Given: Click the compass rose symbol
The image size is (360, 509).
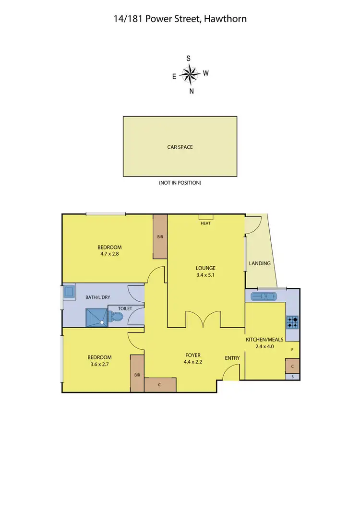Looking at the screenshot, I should [x=191, y=74].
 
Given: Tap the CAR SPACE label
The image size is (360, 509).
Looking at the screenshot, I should [x=180, y=147].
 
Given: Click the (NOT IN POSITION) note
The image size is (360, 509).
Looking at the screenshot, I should [x=180, y=183].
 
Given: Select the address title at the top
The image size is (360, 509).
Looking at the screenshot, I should [x=180, y=19].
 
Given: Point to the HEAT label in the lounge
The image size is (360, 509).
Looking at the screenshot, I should [x=205, y=223].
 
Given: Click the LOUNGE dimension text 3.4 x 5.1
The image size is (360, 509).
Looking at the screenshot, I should [x=205, y=275].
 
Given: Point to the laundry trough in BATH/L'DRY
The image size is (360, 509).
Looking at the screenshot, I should [x=69, y=291].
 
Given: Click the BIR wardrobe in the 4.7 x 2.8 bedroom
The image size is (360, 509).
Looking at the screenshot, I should [x=160, y=237].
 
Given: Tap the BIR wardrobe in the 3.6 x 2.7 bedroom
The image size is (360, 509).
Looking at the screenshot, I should [x=137, y=373].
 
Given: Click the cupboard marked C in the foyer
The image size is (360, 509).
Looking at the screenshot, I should [x=160, y=384].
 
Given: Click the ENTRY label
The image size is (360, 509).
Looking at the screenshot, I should [x=232, y=358].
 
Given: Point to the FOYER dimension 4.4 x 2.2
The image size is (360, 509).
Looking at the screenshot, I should [x=193, y=362].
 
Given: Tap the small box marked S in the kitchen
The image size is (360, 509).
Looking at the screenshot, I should [x=292, y=377].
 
